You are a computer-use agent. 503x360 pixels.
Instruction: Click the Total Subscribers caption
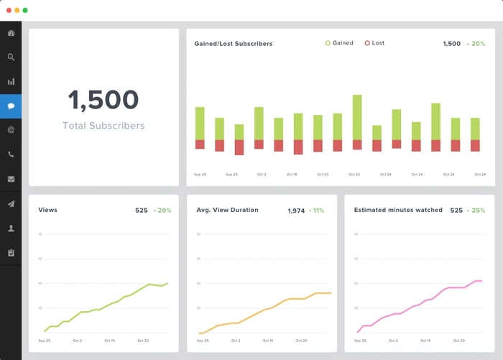tap(103, 126)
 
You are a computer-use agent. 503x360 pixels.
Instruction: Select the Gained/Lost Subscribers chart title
tap(234, 44)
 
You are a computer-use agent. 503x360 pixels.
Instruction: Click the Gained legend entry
tap(339, 43)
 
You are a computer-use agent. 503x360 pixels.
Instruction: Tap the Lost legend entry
tap(374, 43)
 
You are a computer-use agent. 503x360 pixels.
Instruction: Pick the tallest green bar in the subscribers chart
tap(357, 117)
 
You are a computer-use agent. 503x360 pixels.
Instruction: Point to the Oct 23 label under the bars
tap(354, 175)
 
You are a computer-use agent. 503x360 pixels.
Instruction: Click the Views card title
tap(47, 210)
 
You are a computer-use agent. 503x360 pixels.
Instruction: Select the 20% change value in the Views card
tap(162, 211)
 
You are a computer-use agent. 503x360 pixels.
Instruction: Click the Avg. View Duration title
tap(227, 210)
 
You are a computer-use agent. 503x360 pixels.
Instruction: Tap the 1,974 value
tap(296, 211)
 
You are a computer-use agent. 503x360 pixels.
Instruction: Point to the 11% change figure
tap(316, 211)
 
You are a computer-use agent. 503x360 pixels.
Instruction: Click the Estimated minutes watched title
tap(398, 210)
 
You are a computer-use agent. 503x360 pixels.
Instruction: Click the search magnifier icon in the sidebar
tap(11, 57)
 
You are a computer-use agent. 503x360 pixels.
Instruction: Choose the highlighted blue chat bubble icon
tap(11, 106)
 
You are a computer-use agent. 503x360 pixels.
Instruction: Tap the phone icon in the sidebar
tap(11, 154)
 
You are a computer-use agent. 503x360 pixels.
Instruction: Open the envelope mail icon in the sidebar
tap(11, 179)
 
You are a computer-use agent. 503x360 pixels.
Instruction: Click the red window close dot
tap(8, 10)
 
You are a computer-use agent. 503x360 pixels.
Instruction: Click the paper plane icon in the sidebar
tap(11, 204)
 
